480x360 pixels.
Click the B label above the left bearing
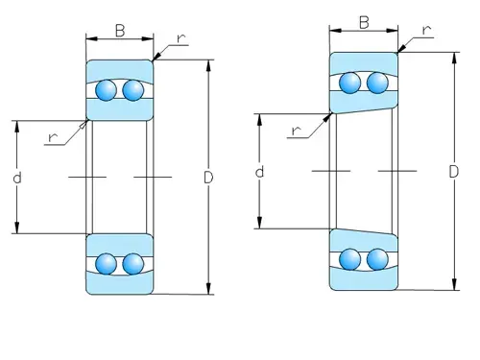[120, 31]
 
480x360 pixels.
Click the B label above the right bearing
[364, 23]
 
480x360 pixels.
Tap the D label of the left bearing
[208, 178]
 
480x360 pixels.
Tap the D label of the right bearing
[454, 172]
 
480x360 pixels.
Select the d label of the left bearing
[17, 178]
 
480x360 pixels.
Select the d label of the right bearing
[259, 172]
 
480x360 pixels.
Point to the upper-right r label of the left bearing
[181, 38]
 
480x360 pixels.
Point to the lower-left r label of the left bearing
[53, 137]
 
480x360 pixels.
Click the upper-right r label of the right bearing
[426, 31]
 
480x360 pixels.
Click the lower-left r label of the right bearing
[297, 131]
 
